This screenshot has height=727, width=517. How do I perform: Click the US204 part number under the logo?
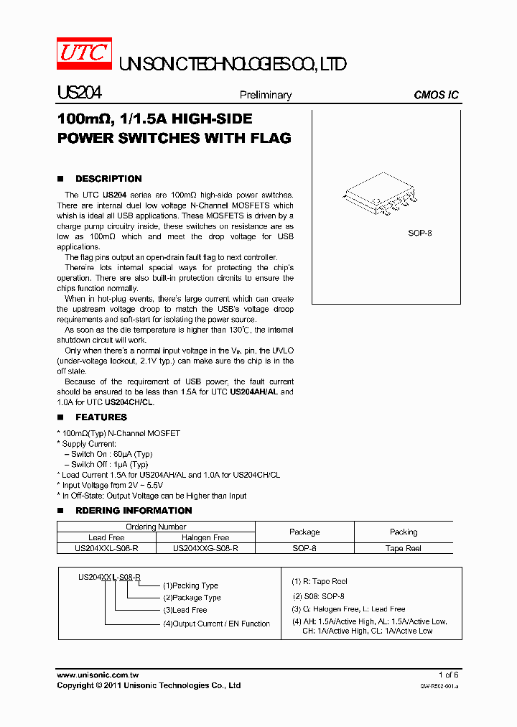(79, 93)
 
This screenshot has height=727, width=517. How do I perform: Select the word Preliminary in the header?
(265, 95)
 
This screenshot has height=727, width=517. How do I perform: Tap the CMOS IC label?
(436, 95)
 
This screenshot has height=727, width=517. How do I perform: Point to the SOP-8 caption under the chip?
(419, 233)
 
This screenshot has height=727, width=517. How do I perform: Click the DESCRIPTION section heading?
(108, 179)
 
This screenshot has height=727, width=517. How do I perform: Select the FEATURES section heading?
(101, 417)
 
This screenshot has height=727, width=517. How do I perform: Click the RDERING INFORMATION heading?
(134, 511)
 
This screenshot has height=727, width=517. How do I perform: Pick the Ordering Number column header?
(156, 527)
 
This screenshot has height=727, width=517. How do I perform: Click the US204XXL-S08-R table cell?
(106, 548)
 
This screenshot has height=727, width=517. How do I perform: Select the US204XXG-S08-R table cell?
(205, 548)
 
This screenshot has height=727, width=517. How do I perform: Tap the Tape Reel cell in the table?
(404, 548)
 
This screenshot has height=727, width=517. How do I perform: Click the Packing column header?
(404, 532)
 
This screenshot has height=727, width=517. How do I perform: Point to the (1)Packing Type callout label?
(190, 585)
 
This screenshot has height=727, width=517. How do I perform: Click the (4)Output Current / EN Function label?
(216, 624)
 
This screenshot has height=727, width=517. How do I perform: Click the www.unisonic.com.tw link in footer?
(97, 675)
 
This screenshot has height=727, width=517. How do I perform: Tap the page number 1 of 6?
(448, 675)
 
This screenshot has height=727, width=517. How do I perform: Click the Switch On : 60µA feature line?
(111, 454)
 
